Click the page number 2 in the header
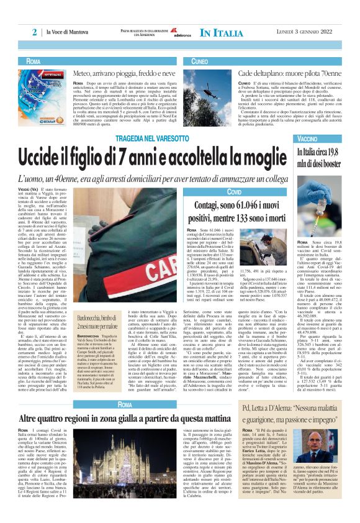pos(35,32)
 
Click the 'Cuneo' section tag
pos(200,61)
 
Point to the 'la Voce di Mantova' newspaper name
pos(68,32)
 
